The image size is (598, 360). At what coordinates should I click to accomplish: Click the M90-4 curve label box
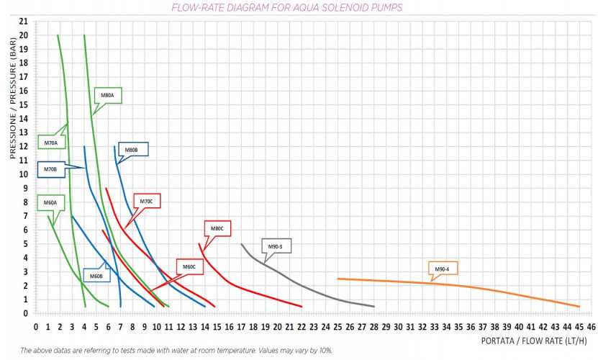[x=442, y=269]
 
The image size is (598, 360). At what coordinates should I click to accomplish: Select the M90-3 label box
[x=274, y=247]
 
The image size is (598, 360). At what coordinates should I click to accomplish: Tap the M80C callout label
[x=217, y=228]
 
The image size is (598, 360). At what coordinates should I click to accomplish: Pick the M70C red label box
[x=146, y=201]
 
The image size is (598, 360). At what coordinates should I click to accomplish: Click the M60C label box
[x=189, y=267]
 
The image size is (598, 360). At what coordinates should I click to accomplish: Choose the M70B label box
[x=50, y=169]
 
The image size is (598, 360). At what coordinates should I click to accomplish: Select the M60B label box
[x=96, y=275]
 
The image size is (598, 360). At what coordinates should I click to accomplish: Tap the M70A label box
[x=50, y=143]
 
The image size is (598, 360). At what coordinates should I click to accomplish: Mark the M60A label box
[x=50, y=202]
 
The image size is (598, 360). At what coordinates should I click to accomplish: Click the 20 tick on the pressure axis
[x=24, y=35]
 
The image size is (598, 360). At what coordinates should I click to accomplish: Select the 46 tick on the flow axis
[x=591, y=326]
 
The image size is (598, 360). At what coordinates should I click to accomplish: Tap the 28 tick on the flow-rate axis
[x=373, y=326]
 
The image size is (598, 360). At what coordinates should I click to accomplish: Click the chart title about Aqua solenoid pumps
[x=286, y=8]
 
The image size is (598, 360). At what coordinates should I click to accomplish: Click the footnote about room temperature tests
[x=176, y=350]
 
